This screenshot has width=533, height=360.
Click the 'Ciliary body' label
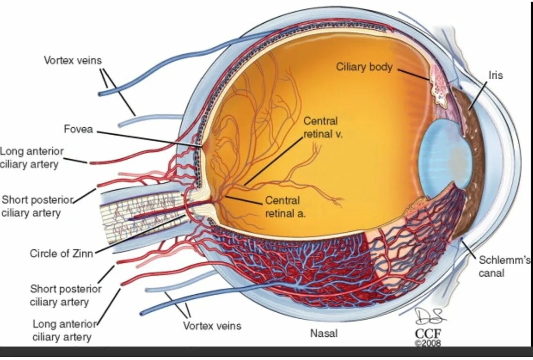pyautogui.click(x=364, y=67)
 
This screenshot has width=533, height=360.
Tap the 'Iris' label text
pyautogui.click(x=495, y=76)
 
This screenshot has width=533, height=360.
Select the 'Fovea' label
pyautogui.click(x=78, y=129)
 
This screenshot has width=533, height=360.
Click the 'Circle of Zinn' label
pyautogui.click(x=61, y=253)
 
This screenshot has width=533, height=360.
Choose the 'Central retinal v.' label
pyautogui.click(x=322, y=127)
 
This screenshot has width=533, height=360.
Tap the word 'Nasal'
pyautogui.click(x=324, y=333)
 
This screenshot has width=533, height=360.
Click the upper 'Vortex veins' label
pyautogui.click(x=73, y=60)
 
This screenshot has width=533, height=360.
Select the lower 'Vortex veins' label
pyautogui.click(x=212, y=326)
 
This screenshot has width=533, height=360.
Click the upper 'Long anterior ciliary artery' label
pyautogui.click(x=32, y=158)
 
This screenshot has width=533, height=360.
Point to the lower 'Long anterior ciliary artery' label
pyautogui.click(x=62, y=331)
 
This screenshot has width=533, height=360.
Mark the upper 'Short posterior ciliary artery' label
pyautogui.click(x=37, y=206)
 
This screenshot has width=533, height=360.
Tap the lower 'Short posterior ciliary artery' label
pyautogui.click(x=65, y=296)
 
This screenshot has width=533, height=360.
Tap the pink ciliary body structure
pyautogui.click(x=439, y=88)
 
